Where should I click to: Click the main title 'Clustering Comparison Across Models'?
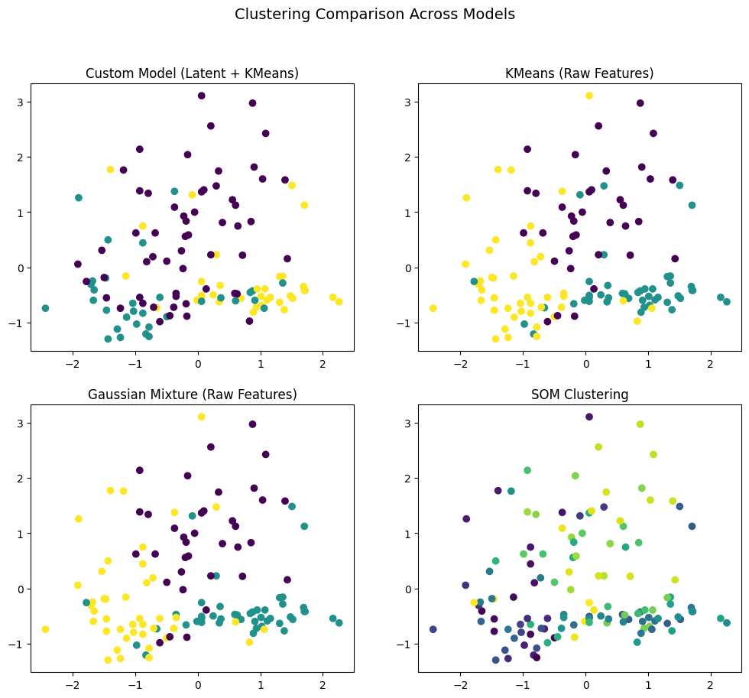click(x=374, y=15)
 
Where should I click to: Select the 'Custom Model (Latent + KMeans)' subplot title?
click(x=192, y=73)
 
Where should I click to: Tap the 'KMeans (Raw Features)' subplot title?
click(x=579, y=73)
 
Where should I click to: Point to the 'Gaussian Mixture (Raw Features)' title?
click(x=192, y=394)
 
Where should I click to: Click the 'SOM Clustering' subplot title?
click(x=579, y=394)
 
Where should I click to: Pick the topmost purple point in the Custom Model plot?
click(x=202, y=96)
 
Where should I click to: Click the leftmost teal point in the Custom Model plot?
click(x=45, y=308)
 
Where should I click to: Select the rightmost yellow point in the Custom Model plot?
click(x=339, y=302)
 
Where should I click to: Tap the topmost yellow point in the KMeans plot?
click(x=589, y=96)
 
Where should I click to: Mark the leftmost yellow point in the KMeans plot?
click(x=433, y=308)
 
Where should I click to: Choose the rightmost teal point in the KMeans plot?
click(x=726, y=302)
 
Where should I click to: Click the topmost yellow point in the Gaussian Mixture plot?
click(x=202, y=417)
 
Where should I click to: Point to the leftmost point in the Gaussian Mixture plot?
click(x=45, y=629)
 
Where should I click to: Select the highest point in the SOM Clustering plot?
click(x=589, y=417)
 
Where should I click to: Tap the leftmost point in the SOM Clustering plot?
click(x=433, y=629)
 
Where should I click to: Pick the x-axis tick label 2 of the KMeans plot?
click(x=710, y=362)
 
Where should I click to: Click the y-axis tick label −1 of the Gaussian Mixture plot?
click(x=19, y=644)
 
